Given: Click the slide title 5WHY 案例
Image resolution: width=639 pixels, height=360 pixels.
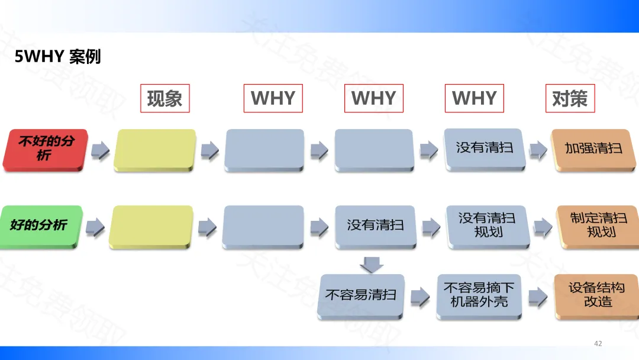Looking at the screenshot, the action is pos(58,57).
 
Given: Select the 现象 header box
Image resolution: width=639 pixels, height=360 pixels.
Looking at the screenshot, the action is pos(164,98).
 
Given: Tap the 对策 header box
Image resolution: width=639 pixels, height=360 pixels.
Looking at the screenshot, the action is pos(569,98).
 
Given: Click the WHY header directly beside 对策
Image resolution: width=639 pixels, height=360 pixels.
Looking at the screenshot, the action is pos(474,98).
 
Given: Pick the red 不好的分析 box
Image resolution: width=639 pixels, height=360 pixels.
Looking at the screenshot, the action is pos(46,150).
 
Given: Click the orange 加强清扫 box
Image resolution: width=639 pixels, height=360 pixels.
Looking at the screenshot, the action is pos(593,149).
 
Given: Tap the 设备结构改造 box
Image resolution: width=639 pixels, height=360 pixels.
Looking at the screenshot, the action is pos(597,294).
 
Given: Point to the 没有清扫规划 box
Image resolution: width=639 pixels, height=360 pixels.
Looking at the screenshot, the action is pos(488,225).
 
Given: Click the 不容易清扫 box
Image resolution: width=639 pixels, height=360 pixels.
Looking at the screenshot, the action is pos(361,294).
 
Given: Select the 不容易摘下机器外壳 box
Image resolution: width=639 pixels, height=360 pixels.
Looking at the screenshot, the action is pos(479,294).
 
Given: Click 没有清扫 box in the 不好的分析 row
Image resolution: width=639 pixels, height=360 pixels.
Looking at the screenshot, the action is pos(485,149).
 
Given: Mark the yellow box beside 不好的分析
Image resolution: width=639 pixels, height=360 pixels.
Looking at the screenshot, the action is pos(155,150).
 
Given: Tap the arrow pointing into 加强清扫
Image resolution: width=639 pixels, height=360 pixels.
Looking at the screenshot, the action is pos(537,150).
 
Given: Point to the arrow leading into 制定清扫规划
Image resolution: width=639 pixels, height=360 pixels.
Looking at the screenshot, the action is pos(543,226).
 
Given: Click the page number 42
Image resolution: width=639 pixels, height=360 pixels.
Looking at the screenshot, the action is pos(598,343).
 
